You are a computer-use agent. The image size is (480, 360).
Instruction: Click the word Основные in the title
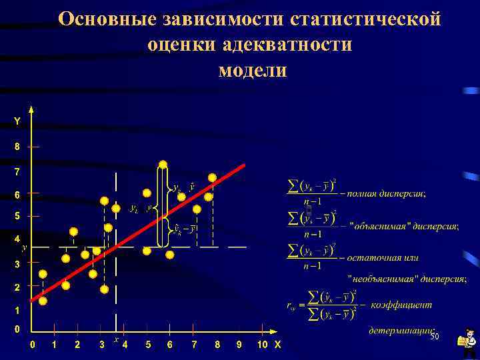(x=107, y=19)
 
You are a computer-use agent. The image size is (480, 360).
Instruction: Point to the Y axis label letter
(x=17, y=121)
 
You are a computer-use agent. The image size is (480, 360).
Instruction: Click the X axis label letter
(x=278, y=344)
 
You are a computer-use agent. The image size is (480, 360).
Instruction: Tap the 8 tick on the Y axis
(x=17, y=145)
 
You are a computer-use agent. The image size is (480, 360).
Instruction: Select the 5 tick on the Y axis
(x=17, y=217)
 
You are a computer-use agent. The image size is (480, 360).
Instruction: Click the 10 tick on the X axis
(x=262, y=344)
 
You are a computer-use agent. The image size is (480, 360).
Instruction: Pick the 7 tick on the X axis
(x=194, y=344)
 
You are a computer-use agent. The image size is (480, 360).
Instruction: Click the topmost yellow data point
(x=163, y=164)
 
